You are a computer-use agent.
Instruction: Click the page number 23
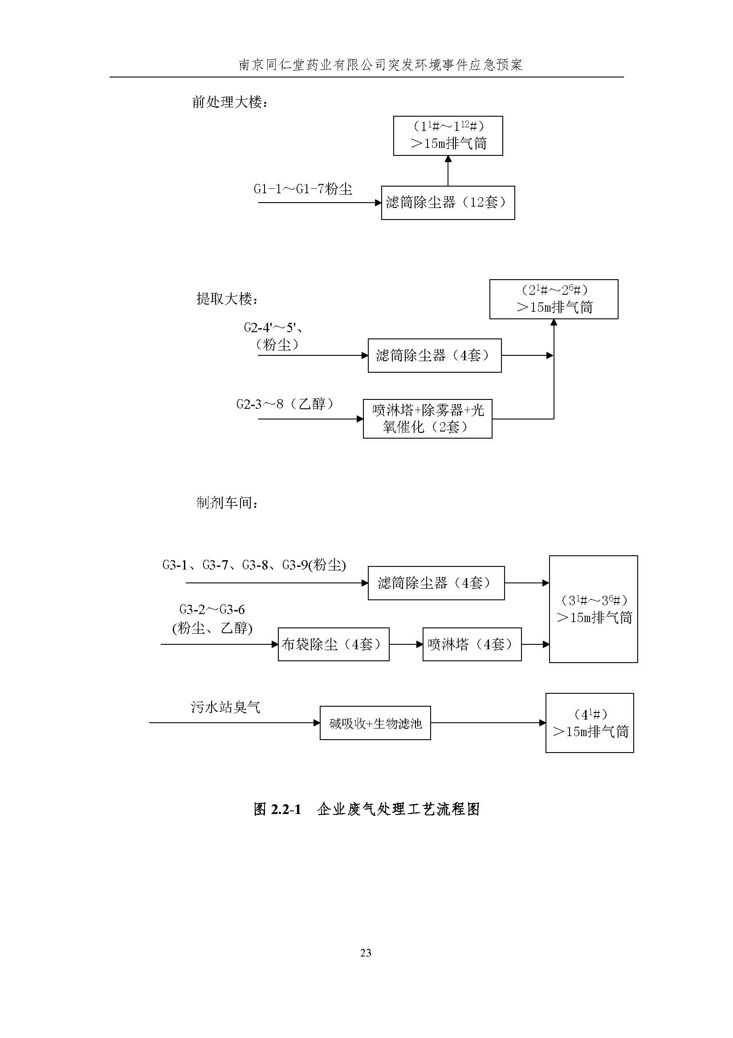366,953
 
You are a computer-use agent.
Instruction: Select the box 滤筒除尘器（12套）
448,203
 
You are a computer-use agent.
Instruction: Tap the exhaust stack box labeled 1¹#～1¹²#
448,136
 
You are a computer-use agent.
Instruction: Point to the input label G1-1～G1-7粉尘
302,189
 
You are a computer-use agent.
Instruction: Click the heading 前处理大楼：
230,102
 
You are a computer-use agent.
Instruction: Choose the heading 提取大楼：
227,299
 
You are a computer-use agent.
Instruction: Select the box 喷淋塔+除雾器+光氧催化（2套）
428,419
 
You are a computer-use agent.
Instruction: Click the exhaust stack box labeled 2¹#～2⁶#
554,299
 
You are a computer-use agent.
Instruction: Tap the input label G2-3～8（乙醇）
285,404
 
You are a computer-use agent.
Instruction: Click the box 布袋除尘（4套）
333,644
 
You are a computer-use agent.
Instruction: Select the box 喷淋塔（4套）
472,644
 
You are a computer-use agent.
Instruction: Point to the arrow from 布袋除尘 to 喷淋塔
406,644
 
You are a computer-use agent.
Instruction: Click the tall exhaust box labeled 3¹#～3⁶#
593,609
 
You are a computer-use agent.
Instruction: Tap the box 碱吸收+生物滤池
375,723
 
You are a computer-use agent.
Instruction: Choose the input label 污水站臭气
226,707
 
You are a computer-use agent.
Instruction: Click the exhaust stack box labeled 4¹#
589,723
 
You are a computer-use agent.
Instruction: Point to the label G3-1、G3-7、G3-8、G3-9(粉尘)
254,565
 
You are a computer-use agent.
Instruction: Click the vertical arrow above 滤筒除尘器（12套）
448,171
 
